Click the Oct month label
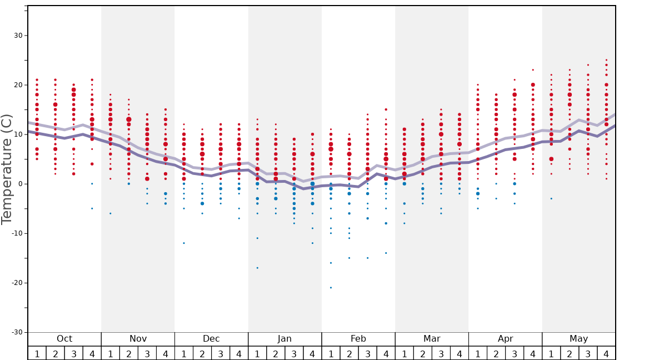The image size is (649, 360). tap(64, 339)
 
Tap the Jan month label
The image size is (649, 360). tap(284, 339)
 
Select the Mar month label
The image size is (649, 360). tap(432, 339)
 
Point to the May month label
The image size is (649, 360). tap(578, 339)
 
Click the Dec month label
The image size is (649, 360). tap(211, 339)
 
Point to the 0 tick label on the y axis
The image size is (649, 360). tap(21, 184)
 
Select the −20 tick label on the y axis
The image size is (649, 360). tap(17, 283)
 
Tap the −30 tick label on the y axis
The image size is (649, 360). tap(17, 332)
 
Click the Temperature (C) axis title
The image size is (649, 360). tap(7, 169)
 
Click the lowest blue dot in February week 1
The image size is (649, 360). tap(331, 287)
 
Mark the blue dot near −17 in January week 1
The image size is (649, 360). tap(257, 268)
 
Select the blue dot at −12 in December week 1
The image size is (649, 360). tap(184, 243)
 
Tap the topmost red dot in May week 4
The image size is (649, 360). tap(606, 60)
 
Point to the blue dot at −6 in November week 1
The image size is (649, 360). tap(111, 213)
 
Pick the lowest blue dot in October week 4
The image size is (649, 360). tap(92, 208)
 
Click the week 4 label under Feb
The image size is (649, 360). tap(386, 353)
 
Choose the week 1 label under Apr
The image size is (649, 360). tap(477, 353)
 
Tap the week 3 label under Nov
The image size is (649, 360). tap(147, 353)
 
